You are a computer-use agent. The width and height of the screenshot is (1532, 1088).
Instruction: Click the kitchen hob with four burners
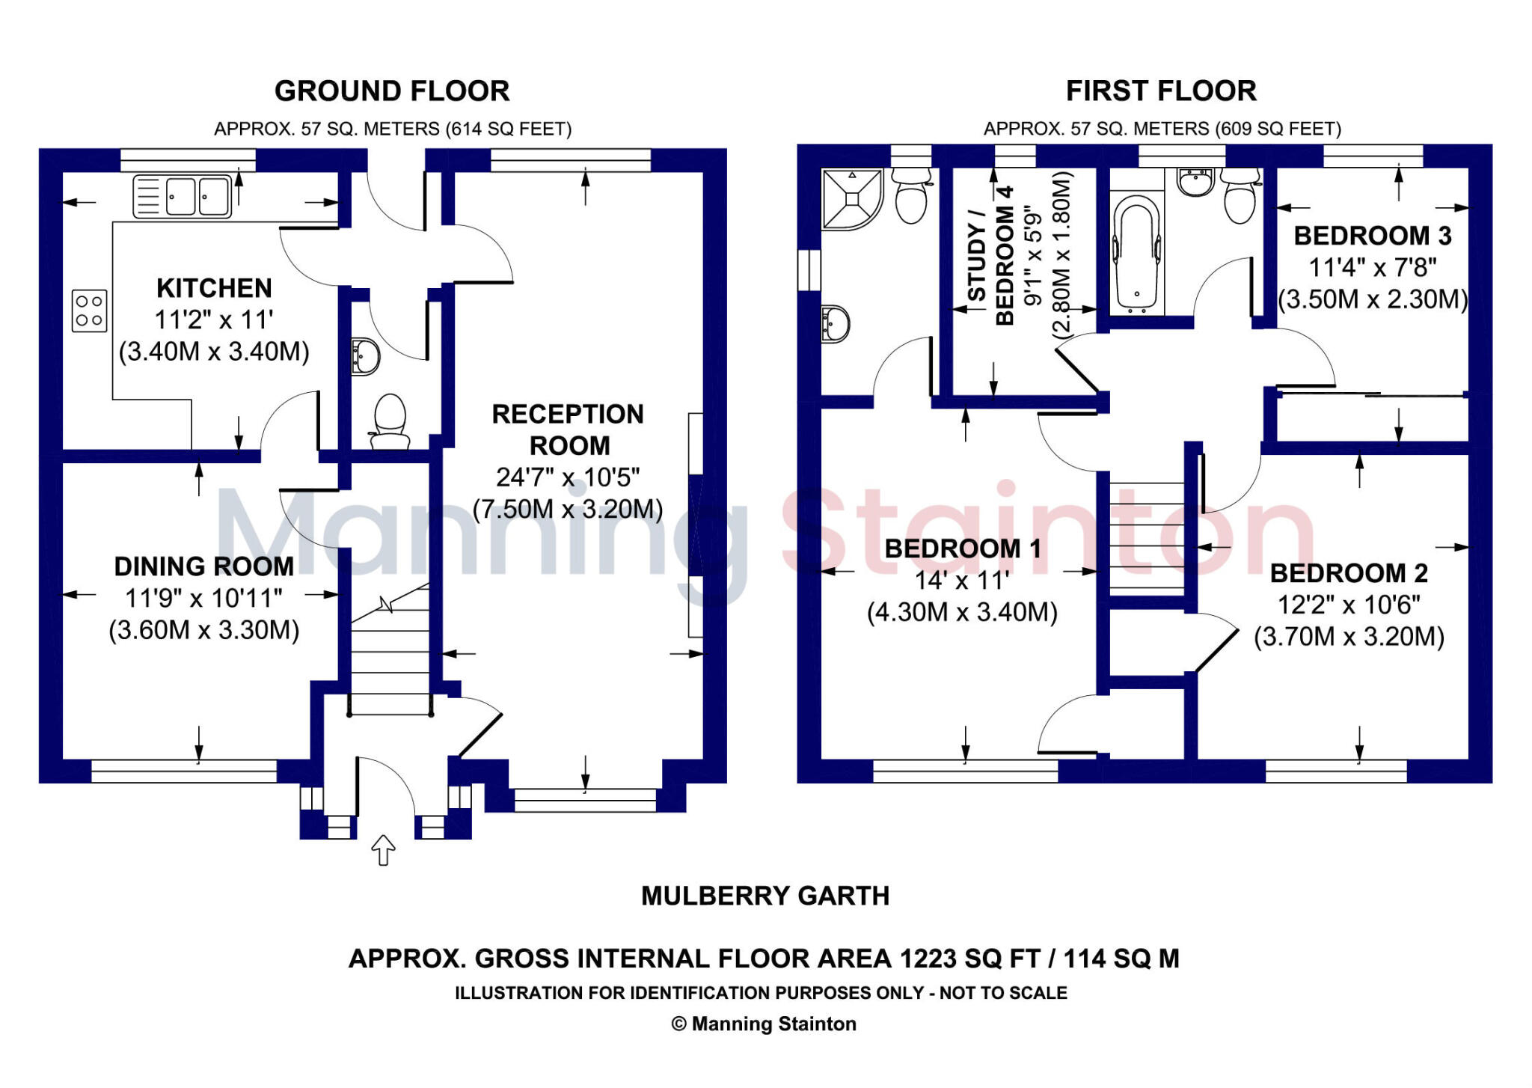point(90,311)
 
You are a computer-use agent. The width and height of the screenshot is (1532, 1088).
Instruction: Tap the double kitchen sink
point(182,196)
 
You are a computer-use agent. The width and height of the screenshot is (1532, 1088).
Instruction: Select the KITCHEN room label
point(214,288)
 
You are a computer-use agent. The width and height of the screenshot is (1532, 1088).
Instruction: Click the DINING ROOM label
point(203,566)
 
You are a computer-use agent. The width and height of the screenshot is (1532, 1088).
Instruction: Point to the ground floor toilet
point(389,421)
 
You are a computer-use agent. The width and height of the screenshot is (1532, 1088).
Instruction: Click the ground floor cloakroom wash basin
point(366,356)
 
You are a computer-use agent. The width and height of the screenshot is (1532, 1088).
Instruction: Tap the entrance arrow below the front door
point(383,850)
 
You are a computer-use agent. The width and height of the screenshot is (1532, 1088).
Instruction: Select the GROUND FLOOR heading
point(392,91)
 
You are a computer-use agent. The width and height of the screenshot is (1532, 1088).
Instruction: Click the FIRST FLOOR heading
point(1161,91)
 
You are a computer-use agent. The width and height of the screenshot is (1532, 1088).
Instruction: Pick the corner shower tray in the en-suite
point(851,198)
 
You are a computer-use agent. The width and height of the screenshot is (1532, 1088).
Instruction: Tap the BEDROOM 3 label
point(1373,236)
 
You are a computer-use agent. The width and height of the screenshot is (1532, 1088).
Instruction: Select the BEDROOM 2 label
point(1349,573)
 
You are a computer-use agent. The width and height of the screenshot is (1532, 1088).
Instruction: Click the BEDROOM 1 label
point(963,548)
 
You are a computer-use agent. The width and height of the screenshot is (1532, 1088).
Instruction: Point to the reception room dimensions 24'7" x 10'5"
point(568,477)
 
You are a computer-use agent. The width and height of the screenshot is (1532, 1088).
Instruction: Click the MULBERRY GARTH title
point(765,896)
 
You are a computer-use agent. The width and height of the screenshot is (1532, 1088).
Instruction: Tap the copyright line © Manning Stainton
point(764,1024)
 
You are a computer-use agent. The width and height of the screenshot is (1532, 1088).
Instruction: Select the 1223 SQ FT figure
point(969,959)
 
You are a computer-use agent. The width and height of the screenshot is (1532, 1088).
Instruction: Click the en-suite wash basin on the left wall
point(835,323)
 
